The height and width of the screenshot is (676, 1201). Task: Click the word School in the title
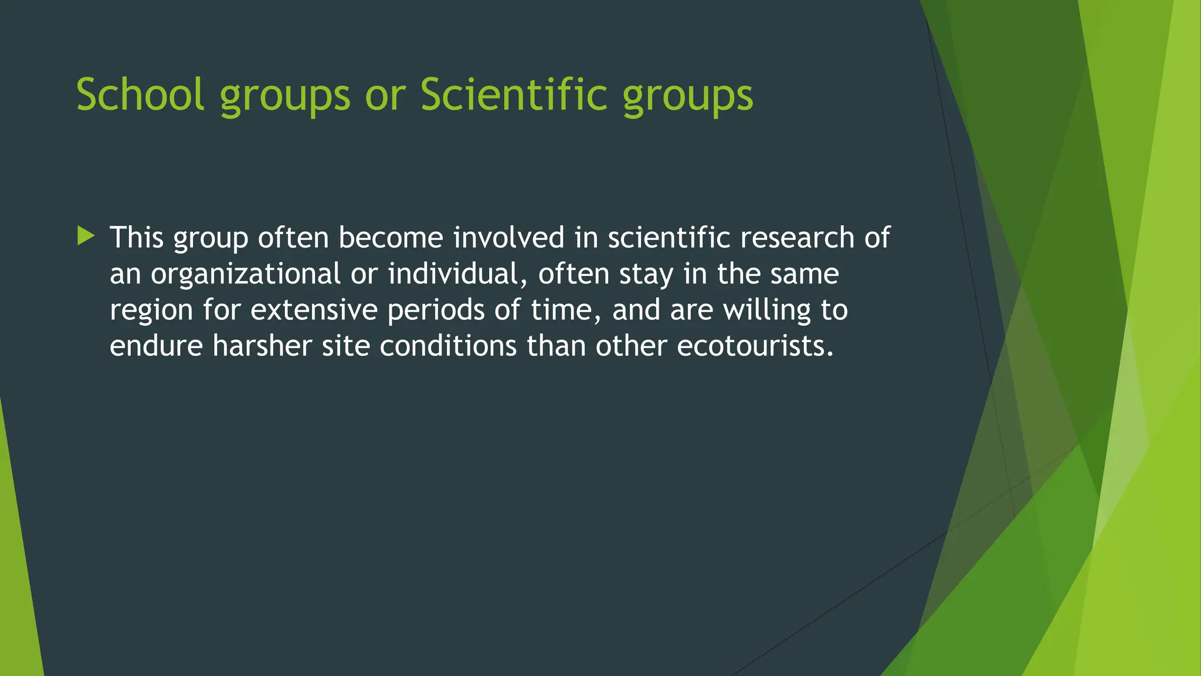click(x=140, y=94)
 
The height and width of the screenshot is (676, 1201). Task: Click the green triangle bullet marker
click(x=86, y=236)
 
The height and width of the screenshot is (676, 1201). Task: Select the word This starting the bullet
click(x=137, y=238)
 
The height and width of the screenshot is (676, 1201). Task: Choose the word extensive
click(x=314, y=310)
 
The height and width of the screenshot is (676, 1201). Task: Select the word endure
click(x=156, y=346)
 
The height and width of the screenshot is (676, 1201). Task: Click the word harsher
click(x=262, y=346)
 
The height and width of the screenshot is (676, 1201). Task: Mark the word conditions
click(x=448, y=346)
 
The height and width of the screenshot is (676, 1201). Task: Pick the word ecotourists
click(x=755, y=346)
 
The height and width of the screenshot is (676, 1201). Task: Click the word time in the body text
click(x=564, y=310)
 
